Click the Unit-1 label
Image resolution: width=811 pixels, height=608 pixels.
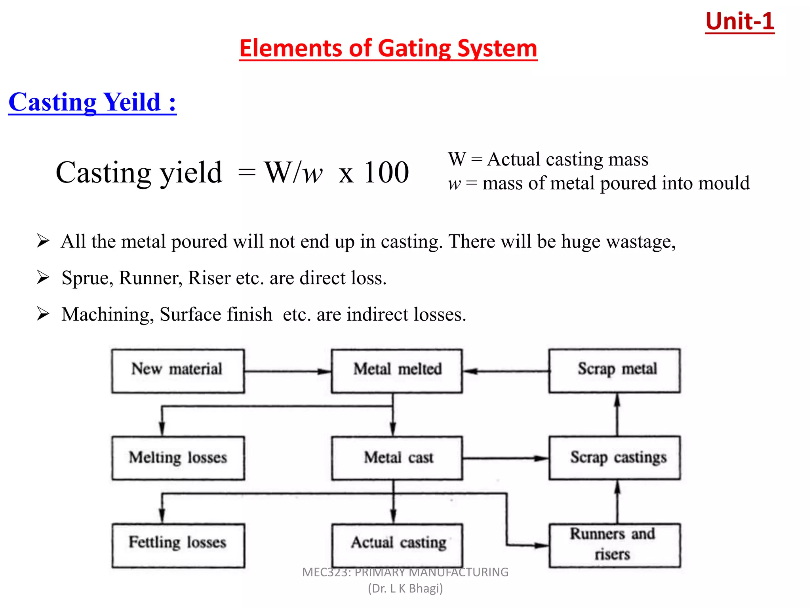point(739,21)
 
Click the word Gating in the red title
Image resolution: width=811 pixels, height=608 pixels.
point(414,49)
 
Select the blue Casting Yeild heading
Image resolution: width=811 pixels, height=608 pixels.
point(92,102)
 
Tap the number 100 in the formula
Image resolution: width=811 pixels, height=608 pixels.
point(386,173)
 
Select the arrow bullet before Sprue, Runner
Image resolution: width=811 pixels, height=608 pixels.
point(43,277)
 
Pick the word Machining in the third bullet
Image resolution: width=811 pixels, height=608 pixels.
point(107,314)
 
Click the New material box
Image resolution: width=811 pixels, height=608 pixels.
point(178,371)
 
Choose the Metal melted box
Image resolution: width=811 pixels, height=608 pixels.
point(397,371)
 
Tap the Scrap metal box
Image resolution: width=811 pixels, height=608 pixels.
point(614,371)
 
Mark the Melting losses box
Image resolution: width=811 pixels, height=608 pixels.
point(178,458)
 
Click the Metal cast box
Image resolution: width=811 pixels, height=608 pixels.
point(397,458)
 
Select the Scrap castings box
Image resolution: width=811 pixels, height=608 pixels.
point(614,458)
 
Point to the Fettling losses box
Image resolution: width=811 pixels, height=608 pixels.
point(178,545)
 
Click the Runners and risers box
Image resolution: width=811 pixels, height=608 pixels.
point(614,545)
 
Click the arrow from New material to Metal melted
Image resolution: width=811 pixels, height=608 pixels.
point(287,371)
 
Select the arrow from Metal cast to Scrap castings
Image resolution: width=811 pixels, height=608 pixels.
point(505,458)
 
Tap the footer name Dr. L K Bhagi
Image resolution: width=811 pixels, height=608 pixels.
point(405,589)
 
